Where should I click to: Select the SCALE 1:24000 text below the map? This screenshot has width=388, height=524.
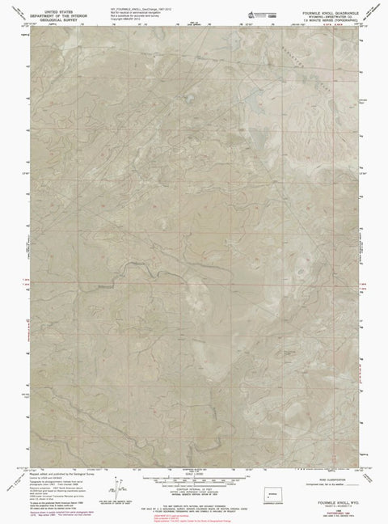[x=194, y=467]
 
